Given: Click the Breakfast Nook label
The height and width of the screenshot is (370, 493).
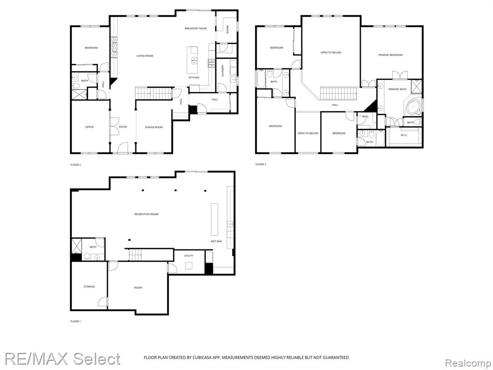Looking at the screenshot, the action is [195, 28].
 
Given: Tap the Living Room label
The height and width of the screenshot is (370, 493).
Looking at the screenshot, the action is [144, 56].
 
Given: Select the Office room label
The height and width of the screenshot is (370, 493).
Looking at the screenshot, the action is [90, 127].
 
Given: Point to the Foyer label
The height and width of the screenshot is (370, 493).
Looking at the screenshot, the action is [123, 127].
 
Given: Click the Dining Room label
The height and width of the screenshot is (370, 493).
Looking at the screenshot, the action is [154, 127].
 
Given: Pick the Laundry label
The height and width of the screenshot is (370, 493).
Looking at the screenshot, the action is [222, 71].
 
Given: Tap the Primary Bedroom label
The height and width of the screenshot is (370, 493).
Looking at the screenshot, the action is [390, 55].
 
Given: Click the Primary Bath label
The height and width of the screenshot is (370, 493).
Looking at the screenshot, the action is [397, 89].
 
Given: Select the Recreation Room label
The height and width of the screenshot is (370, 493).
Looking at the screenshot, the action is [146, 214].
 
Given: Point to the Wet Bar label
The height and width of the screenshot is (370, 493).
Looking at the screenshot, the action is [216, 241].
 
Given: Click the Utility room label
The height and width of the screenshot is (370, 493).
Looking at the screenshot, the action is [189, 256].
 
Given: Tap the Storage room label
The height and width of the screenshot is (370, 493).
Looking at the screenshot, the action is [89, 287].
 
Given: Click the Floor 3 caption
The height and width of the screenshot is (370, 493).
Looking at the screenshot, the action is [260, 164].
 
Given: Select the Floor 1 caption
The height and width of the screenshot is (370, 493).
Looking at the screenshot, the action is [76, 321].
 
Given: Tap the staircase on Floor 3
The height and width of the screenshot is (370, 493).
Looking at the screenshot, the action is [339, 93].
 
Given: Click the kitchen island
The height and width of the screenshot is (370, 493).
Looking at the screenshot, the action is [193, 60].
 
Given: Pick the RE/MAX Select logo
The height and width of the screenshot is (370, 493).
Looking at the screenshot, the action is [62, 359].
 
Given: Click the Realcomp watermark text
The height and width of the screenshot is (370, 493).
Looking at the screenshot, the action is [468, 363].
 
